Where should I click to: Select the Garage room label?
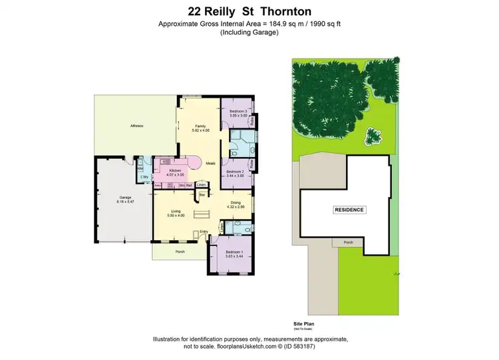click(x=124, y=198)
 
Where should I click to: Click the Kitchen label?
click(x=175, y=171)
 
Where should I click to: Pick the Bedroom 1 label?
click(x=234, y=252)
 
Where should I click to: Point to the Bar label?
click(x=202, y=194)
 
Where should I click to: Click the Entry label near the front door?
click(x=204, y=232)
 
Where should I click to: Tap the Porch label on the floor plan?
click(x=180, y=252)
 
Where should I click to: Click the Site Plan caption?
click(x=303, y=323)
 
